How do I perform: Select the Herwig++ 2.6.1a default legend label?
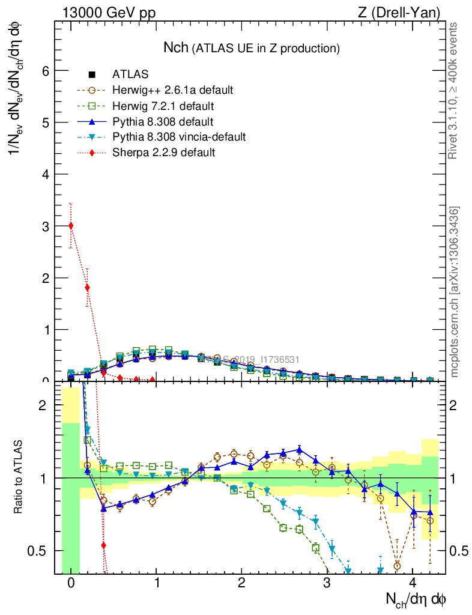click(172, 91)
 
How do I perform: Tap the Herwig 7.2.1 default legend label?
click(163, 106)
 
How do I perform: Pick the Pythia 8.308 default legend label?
click(163, 122)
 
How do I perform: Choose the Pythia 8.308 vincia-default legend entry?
click(178, 137)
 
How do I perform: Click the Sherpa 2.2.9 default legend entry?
click(163, 153)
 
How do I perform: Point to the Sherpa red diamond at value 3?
click(71, 226)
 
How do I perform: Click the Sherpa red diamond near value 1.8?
click(88, 288)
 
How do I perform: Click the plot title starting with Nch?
click(252, 47)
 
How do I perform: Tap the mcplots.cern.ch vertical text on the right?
click(455, 292)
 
